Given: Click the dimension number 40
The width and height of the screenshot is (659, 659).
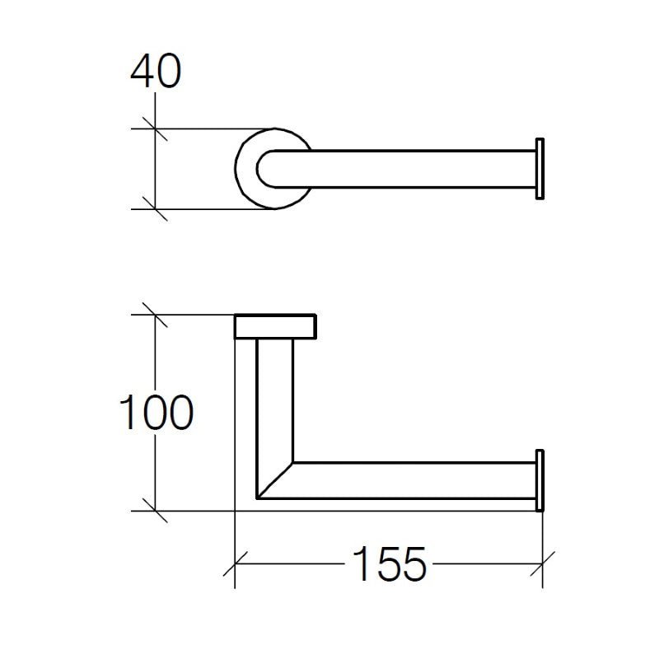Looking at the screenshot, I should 156,73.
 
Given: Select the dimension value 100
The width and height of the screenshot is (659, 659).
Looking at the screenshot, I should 157,414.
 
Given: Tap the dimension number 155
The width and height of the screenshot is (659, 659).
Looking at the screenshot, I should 390,564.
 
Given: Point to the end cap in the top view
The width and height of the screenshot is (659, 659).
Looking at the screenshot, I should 540,168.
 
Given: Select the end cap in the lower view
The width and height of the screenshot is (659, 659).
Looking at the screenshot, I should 540,480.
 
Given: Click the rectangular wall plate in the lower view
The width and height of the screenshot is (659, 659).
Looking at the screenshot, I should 275,326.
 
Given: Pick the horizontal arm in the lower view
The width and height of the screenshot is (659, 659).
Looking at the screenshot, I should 412,480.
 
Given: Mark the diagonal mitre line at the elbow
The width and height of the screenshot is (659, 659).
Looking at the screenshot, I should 276,480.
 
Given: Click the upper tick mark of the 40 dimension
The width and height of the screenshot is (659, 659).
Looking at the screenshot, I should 155,129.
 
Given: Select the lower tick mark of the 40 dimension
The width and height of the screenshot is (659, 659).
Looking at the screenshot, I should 155,208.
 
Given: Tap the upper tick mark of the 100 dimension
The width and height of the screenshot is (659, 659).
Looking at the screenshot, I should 155,315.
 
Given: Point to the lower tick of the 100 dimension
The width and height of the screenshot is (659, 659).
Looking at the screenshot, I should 155,511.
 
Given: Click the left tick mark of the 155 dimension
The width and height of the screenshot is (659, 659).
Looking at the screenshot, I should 236,564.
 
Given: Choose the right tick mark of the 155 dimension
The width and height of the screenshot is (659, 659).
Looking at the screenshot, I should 541,564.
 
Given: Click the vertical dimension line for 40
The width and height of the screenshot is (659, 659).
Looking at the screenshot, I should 155,169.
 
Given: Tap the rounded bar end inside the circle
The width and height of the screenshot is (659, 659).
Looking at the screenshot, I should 265,168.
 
